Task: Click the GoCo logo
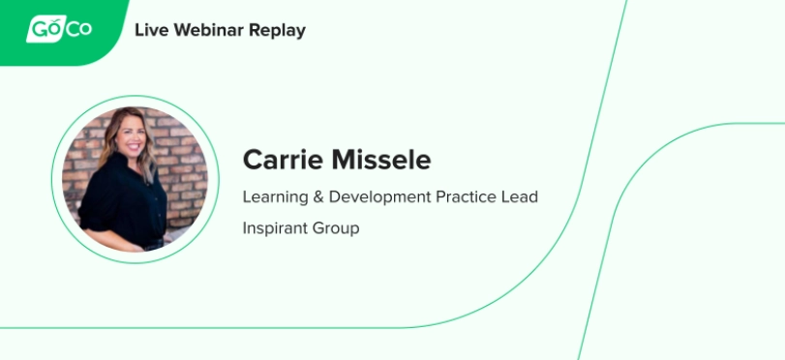59,29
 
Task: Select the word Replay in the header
278,32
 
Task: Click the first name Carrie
284,160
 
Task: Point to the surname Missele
381,160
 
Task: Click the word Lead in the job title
520,196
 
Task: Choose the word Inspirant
275,228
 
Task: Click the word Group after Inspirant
336,228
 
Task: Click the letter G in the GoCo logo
40,29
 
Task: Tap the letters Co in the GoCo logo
79,29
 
